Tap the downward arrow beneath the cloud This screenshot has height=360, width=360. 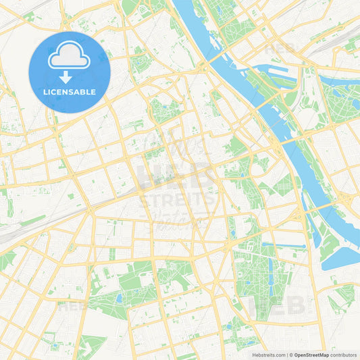click(x=70, y=77)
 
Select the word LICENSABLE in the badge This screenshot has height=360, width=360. click(x=70, y=92)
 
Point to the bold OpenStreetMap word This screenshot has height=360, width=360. click(x=311, y=354)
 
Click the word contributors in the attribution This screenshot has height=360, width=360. click(x=344, y=354)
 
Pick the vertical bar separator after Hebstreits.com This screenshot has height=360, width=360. click(x=286, y=354)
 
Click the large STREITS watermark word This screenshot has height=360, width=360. click(x=177, y=200)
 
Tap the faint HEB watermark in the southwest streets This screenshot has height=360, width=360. click(x=72, y=306)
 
